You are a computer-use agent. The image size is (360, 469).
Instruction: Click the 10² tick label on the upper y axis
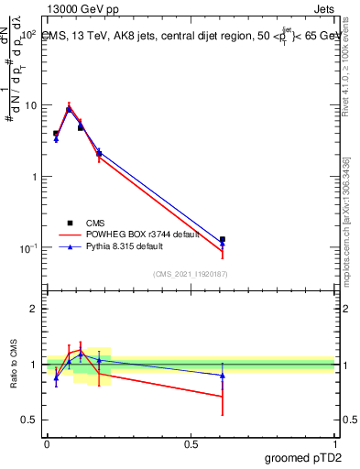pyautogui.click(x=27, y=34)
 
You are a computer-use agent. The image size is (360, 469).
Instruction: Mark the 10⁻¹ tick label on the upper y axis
pyautogui.click(x=27, y=248)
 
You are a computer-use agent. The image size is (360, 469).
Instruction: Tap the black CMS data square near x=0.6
pyautogui.click(x=223, y=239)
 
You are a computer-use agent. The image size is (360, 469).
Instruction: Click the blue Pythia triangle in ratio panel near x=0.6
pyautogui.click(x=223, y=376)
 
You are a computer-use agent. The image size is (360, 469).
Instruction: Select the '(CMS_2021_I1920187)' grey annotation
pyautogui.click(x=190, y=273)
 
